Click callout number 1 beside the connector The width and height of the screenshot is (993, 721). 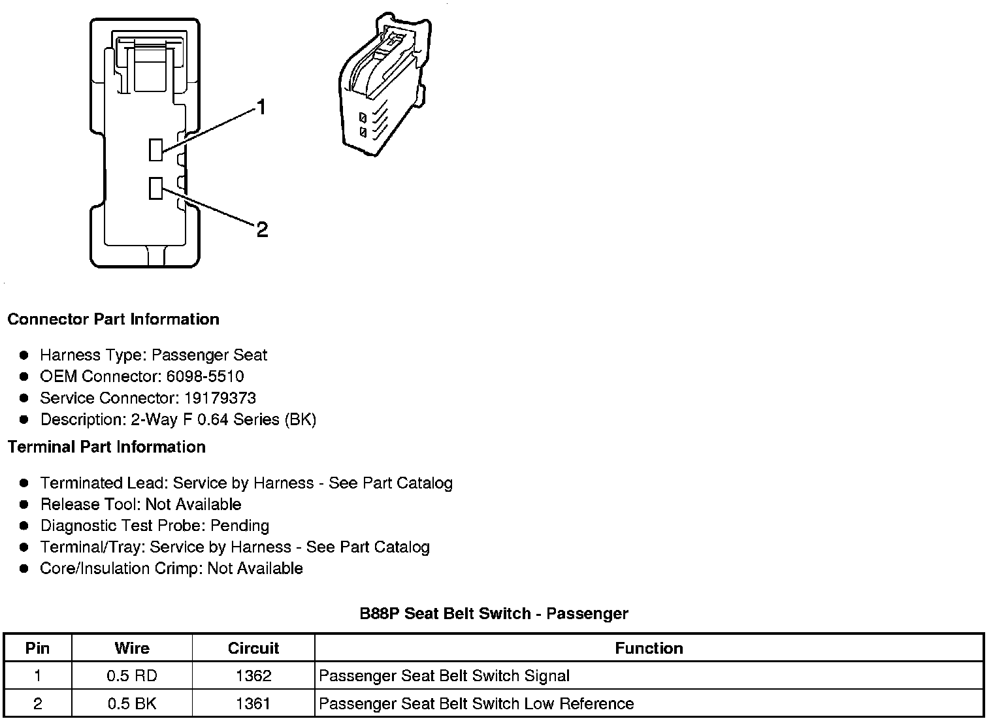261,107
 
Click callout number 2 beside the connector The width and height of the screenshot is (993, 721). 262,229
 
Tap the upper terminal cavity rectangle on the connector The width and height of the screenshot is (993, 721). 155,150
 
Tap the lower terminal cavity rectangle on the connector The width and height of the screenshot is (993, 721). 155,188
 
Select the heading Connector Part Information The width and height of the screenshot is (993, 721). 113,319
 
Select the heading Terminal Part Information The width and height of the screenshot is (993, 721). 106,447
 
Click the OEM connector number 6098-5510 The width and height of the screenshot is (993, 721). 204,376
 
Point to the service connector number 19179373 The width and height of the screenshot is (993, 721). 220,398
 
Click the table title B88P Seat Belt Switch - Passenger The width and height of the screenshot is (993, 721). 494,613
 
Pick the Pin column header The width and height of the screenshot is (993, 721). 37,648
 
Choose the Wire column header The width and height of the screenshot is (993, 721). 132,648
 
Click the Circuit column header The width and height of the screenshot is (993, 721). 253,648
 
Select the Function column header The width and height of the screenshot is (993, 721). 649,648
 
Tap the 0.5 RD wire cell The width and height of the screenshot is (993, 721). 132,676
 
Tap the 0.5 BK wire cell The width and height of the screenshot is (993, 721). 132,703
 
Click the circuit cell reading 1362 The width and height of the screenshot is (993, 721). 253,676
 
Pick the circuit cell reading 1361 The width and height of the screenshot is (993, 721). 253,703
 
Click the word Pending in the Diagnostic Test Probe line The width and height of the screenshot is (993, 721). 240,526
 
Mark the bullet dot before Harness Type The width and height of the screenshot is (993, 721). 24,355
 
